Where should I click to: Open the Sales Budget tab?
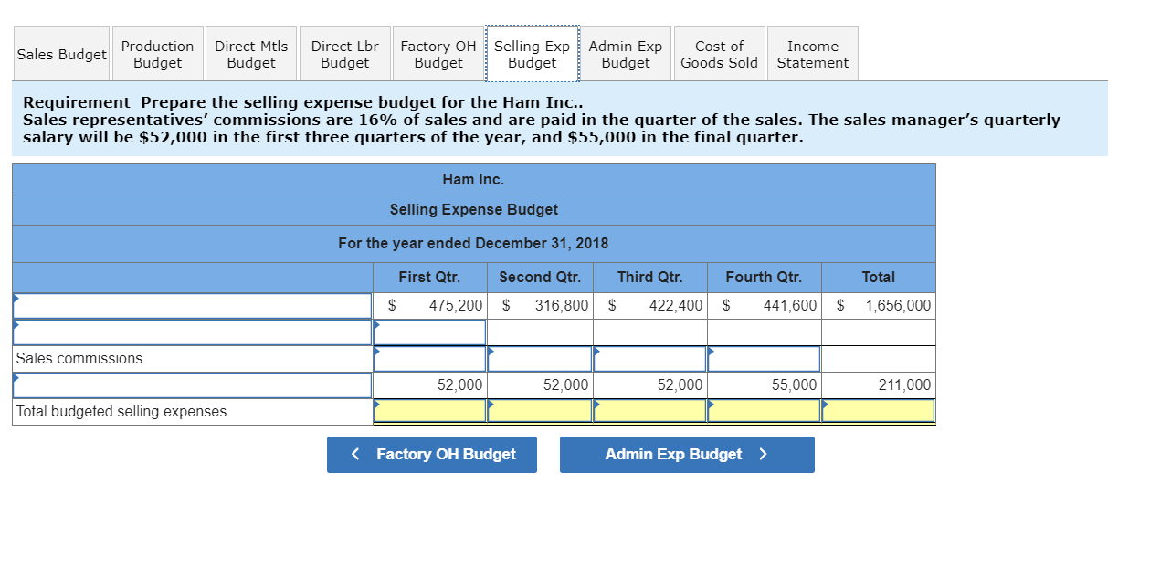coord(61,54)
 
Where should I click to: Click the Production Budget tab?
coord(157,54)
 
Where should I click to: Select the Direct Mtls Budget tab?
coord(251,54)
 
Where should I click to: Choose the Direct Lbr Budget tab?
coord(344,54)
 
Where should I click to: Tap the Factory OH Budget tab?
coord(438,54)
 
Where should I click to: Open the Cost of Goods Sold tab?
coord(719,54)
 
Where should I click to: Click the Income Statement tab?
coord(812,54)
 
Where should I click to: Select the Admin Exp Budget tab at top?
coord(626,54)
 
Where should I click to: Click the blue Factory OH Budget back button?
coord(432,455)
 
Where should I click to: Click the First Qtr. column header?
coord(429,277)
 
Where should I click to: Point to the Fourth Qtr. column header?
coord(764,277)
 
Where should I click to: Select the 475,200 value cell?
coord(456,305)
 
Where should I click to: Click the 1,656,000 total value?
coord(898,305)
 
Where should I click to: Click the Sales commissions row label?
coord(79,358)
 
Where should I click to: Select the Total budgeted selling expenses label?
coord(121,412)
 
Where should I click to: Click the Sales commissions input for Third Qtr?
coord(649,359)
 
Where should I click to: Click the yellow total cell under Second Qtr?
coord(540,412)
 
